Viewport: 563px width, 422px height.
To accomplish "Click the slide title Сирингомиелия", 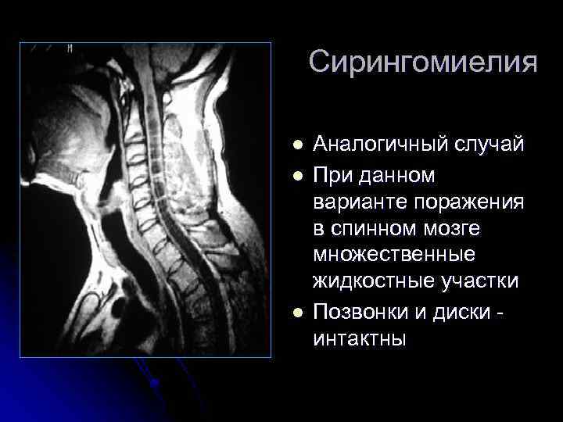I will (422, 63).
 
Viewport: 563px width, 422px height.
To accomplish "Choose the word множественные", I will (389, 255).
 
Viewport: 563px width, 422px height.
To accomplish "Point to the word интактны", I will (359, 339).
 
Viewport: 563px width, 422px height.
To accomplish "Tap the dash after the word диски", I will (500, 313).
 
